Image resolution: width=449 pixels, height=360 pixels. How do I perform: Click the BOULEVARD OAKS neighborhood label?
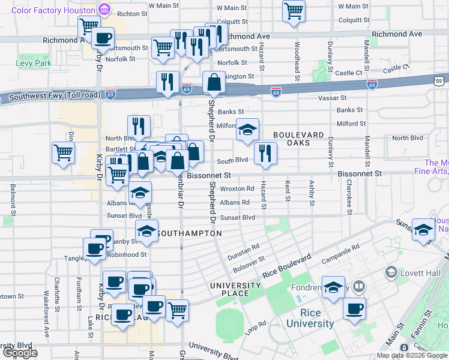(298, 139)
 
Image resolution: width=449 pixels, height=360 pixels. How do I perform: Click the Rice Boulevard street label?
(288, 265)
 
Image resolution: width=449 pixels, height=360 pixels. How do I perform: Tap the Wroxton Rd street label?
(237, 188)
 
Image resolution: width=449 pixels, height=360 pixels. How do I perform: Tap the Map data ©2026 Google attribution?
(412, 355)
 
